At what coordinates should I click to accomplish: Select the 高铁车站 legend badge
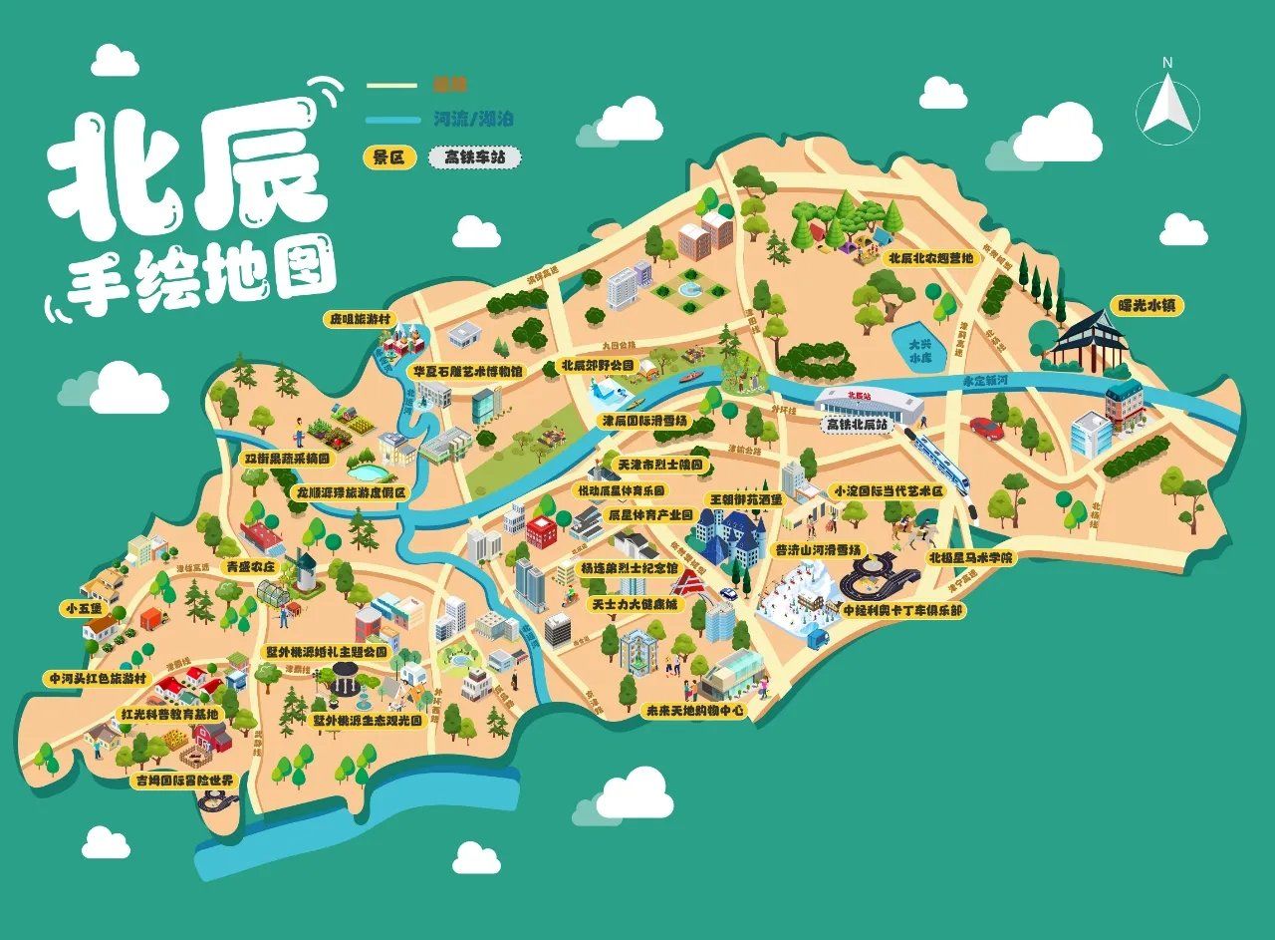pos(474,157)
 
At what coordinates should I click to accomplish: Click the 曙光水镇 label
pos(1147,306)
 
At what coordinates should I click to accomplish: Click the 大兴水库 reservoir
pos(916,347)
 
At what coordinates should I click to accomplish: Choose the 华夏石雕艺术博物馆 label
pos(467,370)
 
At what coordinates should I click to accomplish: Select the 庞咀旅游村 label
pos(362,319)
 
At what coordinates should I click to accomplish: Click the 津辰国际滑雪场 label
pos(644,421)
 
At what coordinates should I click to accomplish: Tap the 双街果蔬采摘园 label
pos(286,460)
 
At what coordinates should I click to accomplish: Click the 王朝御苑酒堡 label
pos(744,497)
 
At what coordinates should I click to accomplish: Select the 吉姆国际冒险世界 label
pos(184,780)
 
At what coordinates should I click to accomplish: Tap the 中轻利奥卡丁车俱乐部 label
pos(902,608)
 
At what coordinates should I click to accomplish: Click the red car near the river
pos(986,429)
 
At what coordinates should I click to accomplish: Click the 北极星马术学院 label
pos(970,557)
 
